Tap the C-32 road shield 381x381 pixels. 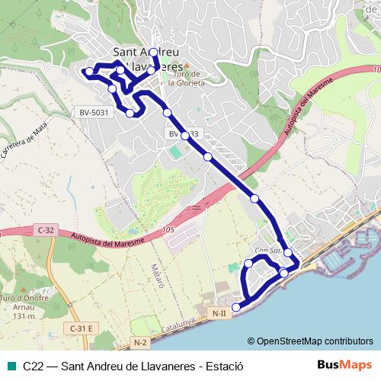point(46,229)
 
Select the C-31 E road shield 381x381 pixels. point(80,328)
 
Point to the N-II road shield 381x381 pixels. point(220,313)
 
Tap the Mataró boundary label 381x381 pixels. point(158,271)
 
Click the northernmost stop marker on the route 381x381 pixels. point(153,53)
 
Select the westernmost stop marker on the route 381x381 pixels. point(89,72)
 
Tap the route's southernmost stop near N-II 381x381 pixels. point(235,307)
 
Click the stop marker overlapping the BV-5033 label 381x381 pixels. point(184,135)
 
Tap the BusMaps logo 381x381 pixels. point(344,365)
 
